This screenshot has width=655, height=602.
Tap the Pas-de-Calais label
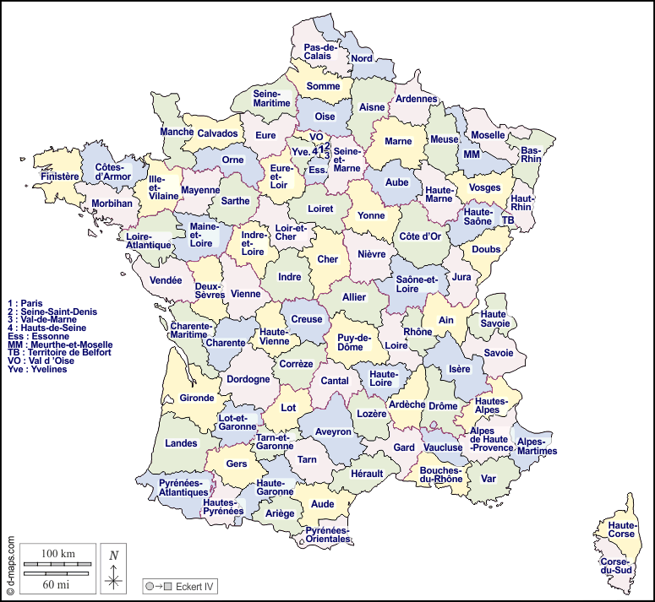tap(320, 52)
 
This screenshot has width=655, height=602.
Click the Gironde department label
tap(197, 398)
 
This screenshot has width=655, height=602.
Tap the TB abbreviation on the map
tap(508, 220)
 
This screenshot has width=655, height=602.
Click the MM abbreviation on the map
tap(471, 155)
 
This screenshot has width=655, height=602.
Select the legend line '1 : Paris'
tap(25, 302)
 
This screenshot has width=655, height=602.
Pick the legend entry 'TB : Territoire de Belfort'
tap(58, 353)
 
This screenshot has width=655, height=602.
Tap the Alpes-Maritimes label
tap(537, 446)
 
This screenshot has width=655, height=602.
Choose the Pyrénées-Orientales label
tap(327, 534)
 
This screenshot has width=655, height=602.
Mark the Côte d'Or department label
tap(420, 236)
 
